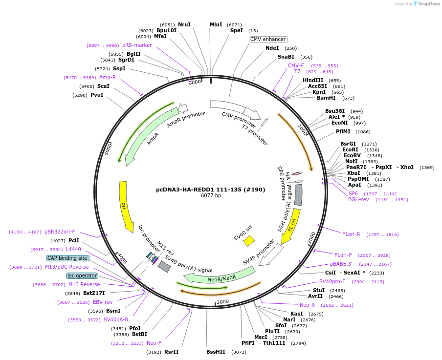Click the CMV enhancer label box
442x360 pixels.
(268, 39)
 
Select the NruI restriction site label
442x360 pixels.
(184, 24)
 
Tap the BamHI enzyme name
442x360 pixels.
(326, 98)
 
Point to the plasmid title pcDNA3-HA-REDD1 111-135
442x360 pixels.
(210, 189)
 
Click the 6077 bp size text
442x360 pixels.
(211, 196)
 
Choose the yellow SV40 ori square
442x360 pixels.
(249, 241)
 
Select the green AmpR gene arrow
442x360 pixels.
(147, 137)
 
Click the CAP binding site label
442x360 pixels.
(67, 258)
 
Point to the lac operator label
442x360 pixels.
(82, 275)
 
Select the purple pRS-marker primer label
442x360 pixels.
(137, 45)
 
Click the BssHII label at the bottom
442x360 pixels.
(216, 351)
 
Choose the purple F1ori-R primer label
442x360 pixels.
(351, 234)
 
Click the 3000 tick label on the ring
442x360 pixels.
(222, 301)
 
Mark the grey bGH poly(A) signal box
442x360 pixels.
(298, 194)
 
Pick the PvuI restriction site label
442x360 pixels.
(97, 95)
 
